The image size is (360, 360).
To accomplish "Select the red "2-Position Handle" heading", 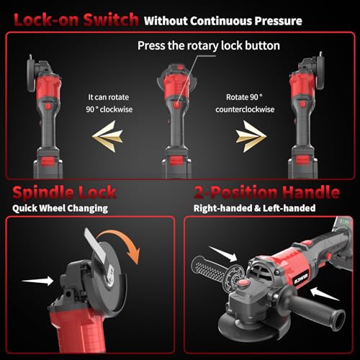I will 266,193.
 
